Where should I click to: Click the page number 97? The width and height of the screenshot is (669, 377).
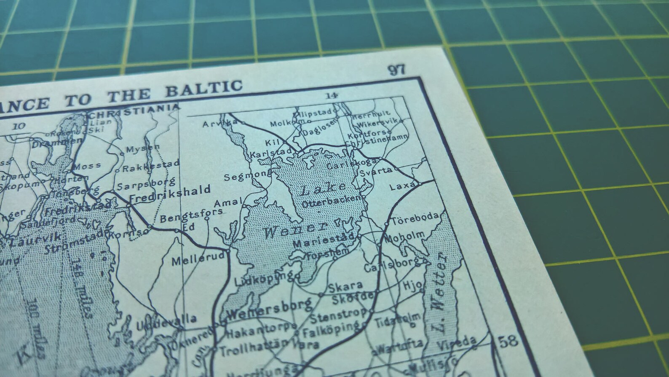click(x=396, y=70)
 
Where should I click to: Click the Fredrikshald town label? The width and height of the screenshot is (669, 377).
click(x=170, y=191)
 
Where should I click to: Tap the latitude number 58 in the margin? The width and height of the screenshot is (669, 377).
click(x=508, y=341)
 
